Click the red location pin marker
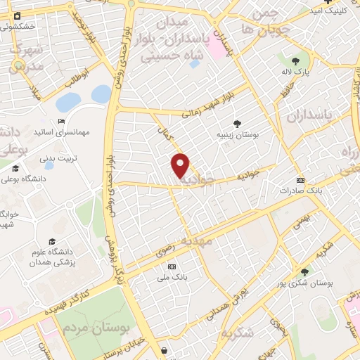(x=181, y=165)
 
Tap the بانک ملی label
(x=172, y=277)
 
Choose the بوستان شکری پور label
(x=313, y=283)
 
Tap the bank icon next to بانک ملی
(x=172, y=266)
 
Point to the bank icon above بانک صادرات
(x=300, y=179)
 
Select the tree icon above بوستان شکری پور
(x=304, y=272)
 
